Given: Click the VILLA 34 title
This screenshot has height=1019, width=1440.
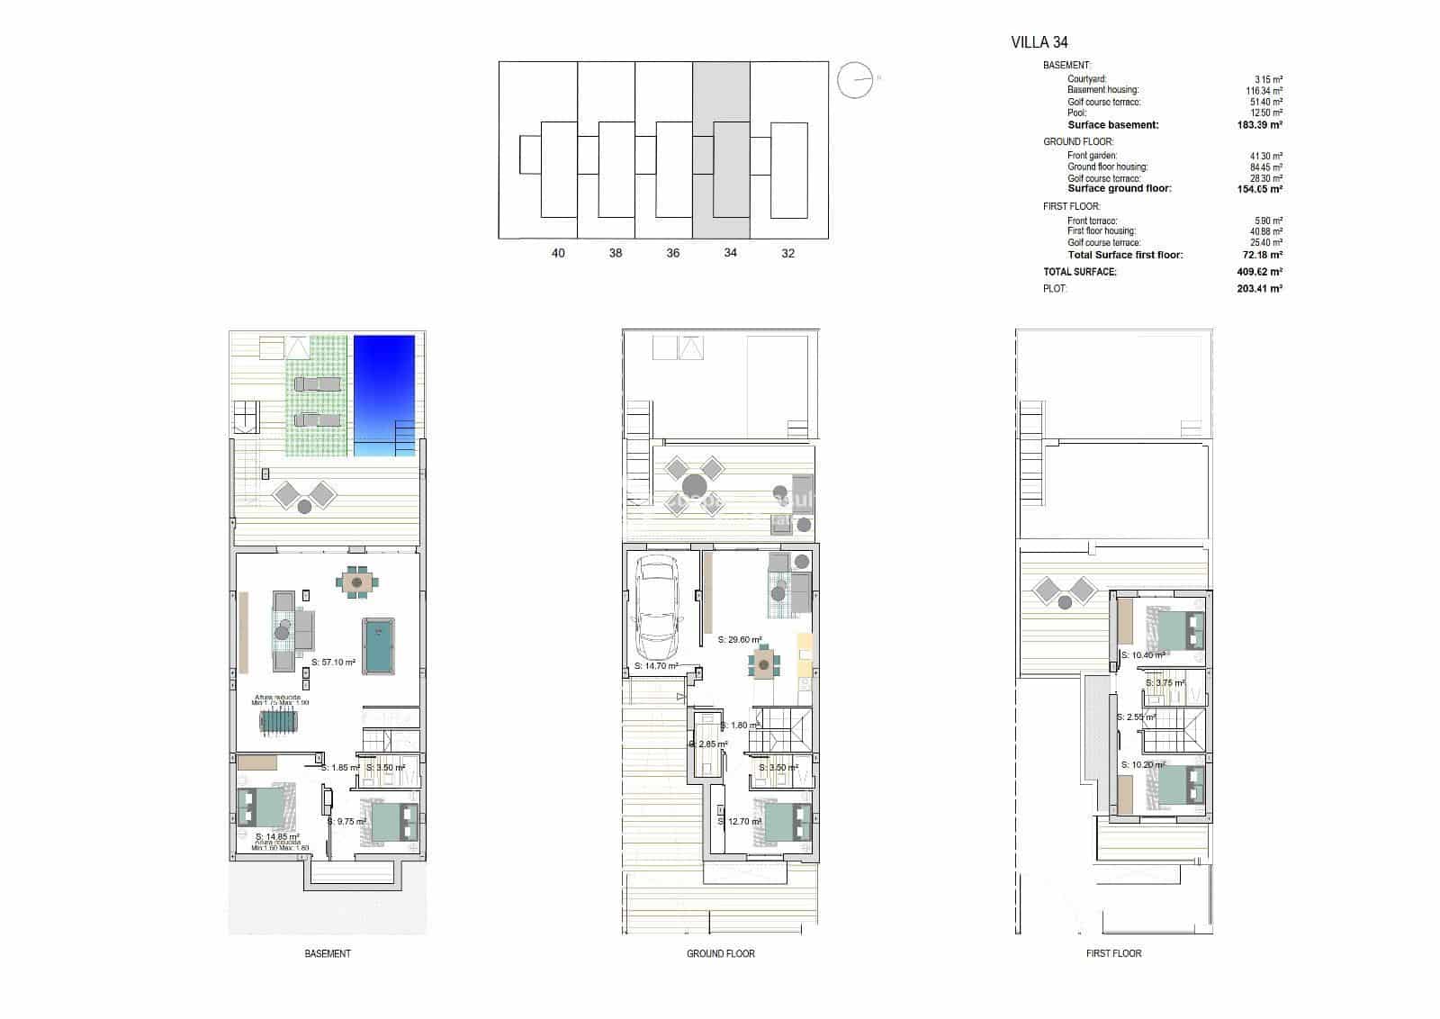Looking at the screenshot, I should pos(1039,41).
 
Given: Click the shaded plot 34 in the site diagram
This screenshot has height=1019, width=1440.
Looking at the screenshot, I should pos(721,149).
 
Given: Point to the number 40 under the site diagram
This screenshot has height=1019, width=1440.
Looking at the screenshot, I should pos(558,253).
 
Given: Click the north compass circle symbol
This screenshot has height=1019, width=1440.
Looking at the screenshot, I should pos(854,80).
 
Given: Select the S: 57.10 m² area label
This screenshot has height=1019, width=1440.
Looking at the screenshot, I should pos(333,662).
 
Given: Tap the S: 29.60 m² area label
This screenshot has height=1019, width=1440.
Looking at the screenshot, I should pos(740,640).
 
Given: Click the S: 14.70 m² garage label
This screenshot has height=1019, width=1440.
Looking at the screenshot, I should pos(656,666).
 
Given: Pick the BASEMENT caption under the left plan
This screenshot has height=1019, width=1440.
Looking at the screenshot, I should pos(328,953).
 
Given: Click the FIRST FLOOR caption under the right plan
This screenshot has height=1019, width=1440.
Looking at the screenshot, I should pos(1113,953).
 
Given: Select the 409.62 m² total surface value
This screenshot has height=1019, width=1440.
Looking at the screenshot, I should pos(1259,272).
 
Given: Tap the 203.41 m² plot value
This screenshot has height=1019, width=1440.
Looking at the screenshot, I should pos(1259,289).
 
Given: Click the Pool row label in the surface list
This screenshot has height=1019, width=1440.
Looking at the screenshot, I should pos(1076,113).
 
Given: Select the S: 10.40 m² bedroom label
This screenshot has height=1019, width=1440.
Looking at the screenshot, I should pos(1143,655).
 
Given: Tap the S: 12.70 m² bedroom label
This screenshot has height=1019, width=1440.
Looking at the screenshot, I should pos(740,821).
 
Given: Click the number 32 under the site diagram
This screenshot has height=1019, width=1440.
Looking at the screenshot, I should pos(788,253).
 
